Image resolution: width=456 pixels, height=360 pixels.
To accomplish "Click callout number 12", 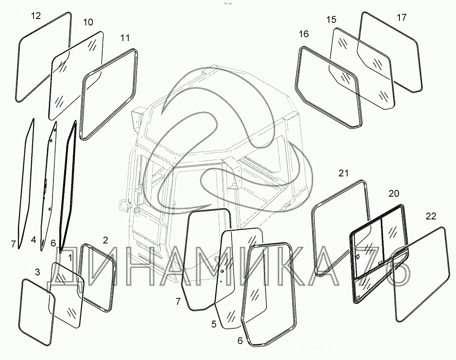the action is [x=36, y=16].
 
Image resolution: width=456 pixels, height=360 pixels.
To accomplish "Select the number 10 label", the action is [x=88, y=22].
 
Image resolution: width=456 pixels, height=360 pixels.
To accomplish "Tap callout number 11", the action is [x=125, y=38].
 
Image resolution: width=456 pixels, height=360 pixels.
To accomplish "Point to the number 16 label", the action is [x=304, y=34].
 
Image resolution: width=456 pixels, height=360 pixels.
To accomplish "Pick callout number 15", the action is [x=331, y=19].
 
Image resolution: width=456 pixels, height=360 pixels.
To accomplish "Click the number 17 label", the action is [x=402, y=18].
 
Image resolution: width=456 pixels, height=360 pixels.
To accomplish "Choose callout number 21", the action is [x=343, y=173].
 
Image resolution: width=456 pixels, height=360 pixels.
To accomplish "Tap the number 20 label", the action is [x=394, y=194].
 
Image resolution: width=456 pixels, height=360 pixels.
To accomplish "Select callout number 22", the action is [x=431, y=216].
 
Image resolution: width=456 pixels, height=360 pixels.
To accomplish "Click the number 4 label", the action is [x=33, y=240].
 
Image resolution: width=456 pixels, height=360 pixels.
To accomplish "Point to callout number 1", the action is [x=70, y=257].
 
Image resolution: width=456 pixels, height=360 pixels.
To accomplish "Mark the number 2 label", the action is [x=105, y=240].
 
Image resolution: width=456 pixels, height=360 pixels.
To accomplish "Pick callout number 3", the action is [x=37, y=272].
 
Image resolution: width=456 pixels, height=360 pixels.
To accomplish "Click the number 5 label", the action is [x=214, y=324].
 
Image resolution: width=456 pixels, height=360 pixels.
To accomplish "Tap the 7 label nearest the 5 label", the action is [x=178, y=302].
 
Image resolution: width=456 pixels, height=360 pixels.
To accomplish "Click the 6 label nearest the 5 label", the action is [x=240, y=341].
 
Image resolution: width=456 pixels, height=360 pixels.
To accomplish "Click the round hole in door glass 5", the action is [x=222, y=271].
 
